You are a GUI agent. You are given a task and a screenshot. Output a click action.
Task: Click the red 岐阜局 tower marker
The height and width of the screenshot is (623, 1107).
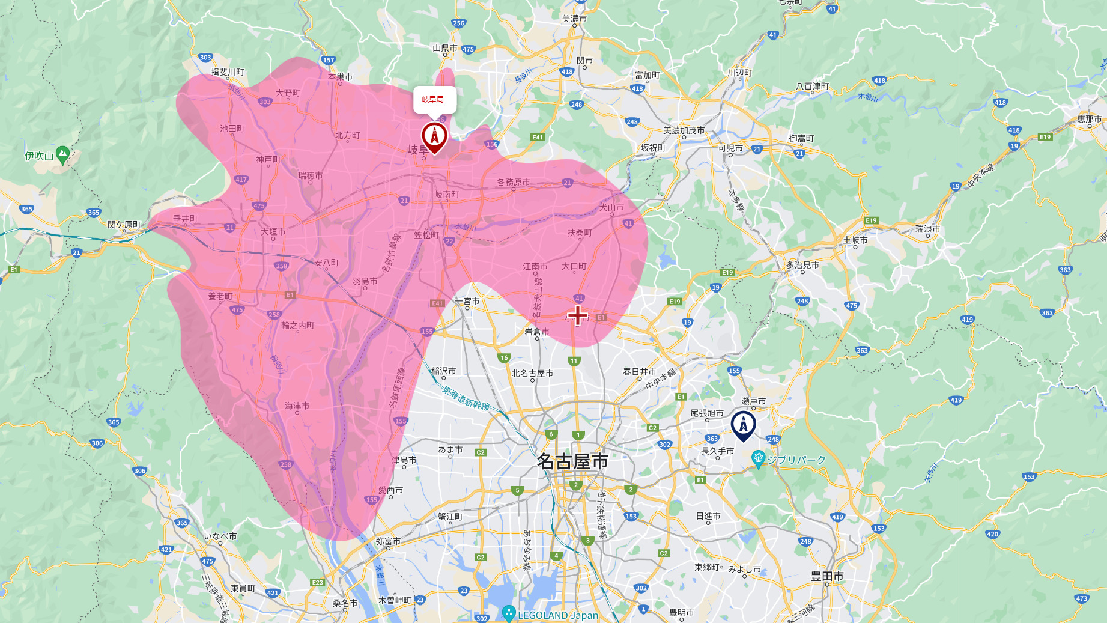[434, 136]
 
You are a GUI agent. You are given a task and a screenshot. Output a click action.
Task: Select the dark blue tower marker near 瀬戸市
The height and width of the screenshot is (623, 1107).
[743, 425]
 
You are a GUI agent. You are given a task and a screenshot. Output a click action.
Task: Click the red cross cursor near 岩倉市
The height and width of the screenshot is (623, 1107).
[577, 315]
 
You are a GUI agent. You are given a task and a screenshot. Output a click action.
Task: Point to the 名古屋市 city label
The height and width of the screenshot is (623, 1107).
[572, 461]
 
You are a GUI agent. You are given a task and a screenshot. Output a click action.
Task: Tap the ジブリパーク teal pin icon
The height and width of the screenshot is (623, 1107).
[758, 459]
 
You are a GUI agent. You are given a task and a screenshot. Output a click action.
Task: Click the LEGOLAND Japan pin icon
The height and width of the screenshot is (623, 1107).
[509, 613]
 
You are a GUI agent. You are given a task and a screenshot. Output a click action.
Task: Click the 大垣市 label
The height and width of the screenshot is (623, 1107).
[273, 231]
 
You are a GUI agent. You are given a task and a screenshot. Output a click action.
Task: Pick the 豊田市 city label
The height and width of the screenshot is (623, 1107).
[827, 576]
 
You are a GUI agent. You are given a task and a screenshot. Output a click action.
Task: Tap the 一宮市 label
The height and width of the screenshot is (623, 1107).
[467, 301]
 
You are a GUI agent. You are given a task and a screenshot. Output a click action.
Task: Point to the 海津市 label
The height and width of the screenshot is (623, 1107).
[297, 406]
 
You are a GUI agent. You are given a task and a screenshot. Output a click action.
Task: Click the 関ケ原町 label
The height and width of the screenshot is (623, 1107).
[124, 225]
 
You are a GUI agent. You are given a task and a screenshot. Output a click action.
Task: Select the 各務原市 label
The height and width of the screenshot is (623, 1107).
[513, 182]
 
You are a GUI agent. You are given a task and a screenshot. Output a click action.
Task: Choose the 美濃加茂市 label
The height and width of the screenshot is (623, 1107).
[684, 130]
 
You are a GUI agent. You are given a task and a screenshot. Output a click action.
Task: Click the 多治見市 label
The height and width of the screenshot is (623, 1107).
[802, 265]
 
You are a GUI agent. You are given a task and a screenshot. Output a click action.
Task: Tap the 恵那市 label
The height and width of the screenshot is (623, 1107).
[1089, 119]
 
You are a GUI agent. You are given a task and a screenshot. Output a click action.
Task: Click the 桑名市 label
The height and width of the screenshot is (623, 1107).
[345, 603]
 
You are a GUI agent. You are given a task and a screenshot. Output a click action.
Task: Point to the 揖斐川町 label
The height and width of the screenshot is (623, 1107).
[228, 72]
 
